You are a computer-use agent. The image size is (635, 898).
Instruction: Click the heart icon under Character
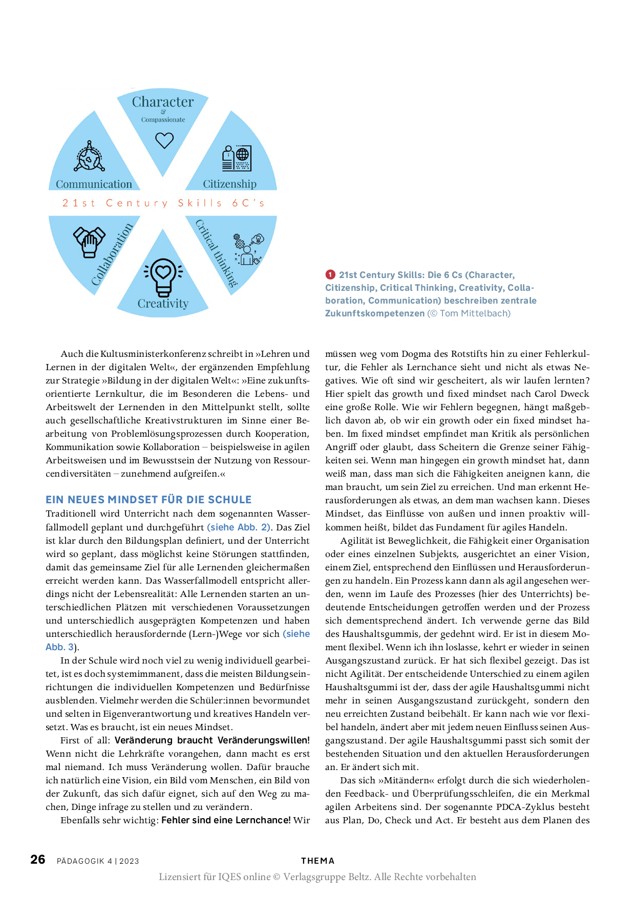(164, 140)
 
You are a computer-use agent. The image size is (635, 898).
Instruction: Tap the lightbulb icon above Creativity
(163, 277)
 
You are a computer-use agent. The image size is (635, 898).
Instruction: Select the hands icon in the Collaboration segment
(89, 241)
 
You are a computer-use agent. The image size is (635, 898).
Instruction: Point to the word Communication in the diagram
(94, 184)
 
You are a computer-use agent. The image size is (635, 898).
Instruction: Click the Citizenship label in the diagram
(229, 184)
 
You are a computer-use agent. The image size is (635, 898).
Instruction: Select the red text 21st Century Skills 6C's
(163, 203)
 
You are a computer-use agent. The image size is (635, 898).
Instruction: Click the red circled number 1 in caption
(330, 275)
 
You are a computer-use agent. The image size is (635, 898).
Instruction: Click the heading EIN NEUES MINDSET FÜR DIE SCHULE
(149, 500)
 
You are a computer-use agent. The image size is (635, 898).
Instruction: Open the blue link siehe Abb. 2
(239, 527)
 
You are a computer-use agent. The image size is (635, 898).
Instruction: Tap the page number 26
(38, 860)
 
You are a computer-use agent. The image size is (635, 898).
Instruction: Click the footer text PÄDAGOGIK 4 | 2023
(98, 861)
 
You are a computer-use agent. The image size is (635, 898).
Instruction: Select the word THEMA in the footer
(317, 861)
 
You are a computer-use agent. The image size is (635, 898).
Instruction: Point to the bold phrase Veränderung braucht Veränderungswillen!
(212, 740)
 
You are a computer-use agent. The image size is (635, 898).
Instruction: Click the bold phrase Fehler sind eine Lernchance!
(226, 820)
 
